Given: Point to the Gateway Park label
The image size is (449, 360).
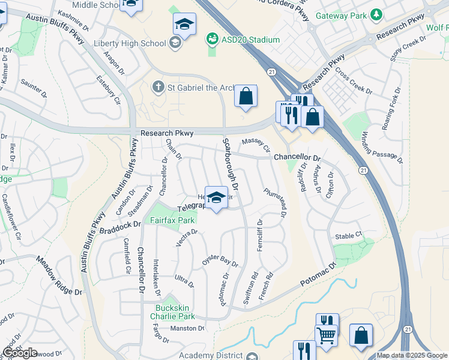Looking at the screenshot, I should coord(341,14).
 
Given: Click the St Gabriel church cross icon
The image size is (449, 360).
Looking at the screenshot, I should coord(158,88).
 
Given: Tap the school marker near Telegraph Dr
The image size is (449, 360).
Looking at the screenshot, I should coord(216,197).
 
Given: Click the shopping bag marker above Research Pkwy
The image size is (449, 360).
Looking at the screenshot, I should coord(246,95).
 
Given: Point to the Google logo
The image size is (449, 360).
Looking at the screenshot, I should coord(20,353).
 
